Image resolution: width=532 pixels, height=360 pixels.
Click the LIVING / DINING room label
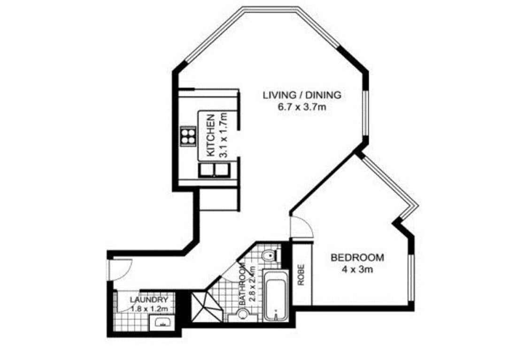tap(302, 95)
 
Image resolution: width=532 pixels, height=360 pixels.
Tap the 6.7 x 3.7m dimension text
tap(302, 107)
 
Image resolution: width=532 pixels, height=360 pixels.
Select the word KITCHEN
tap(211, 135)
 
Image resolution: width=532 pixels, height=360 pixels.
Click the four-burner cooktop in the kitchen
tap(188, 136)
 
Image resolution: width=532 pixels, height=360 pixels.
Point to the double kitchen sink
tap(215, 169)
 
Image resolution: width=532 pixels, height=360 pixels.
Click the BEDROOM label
tap(357, 258)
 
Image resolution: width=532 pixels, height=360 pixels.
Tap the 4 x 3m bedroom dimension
tap(357, 270)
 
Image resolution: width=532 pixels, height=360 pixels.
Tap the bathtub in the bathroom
tap(276, 295)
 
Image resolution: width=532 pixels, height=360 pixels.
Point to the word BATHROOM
tap(242, 284)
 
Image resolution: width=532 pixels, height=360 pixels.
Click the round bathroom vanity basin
tap(243, 314)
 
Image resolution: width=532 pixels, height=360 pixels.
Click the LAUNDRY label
tap(149, 300)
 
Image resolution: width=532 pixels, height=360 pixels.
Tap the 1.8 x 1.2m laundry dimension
tap(150, 309)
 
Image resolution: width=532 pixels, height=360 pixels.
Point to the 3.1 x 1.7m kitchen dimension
tap(223, 136)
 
